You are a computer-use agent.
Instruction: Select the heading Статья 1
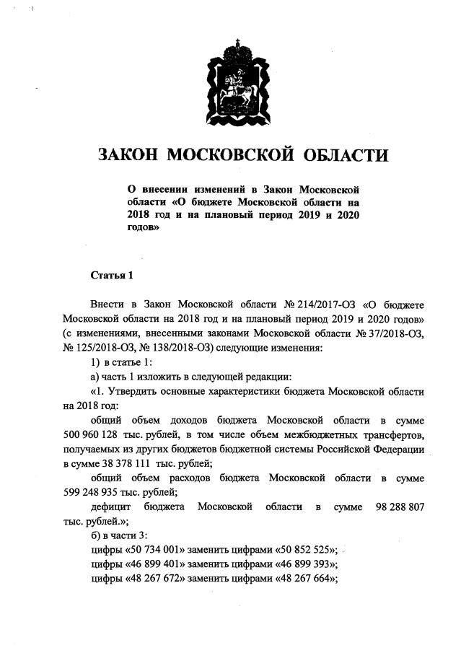[112, 276]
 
